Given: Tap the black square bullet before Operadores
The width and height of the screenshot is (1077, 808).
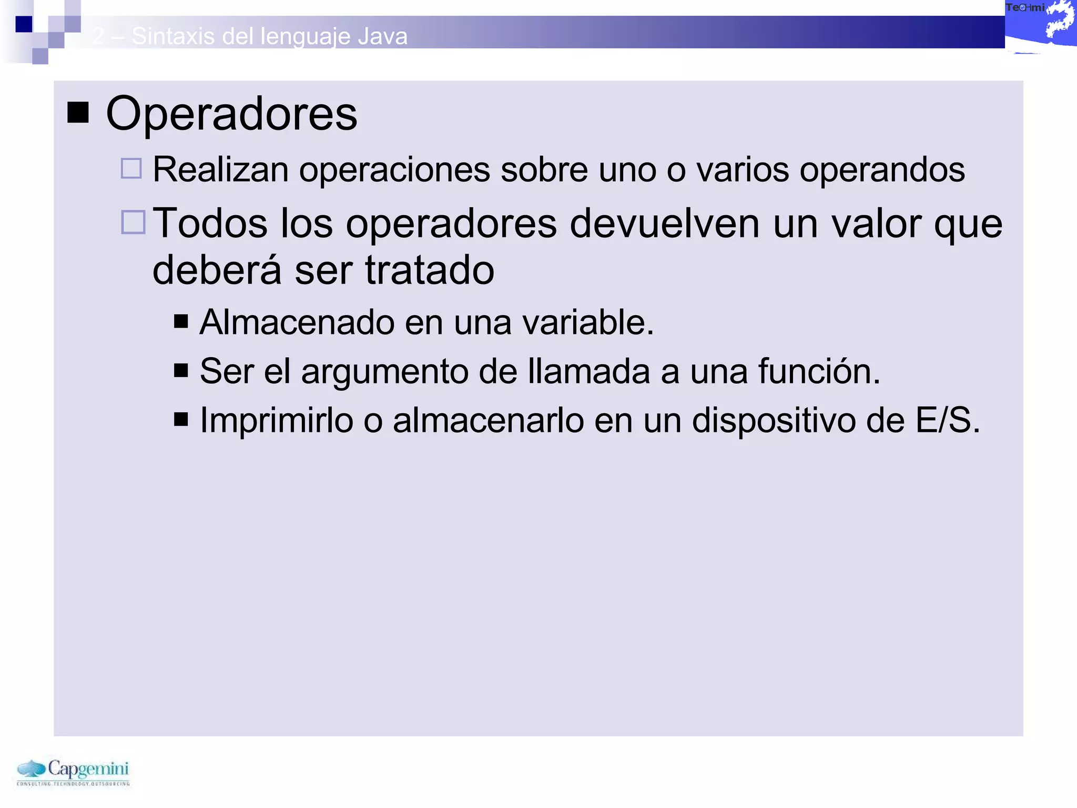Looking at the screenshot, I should pyautogui.click(x=78, y=113).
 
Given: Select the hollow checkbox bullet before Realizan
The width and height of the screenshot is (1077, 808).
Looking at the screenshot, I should pyautogui.click(x=131, y=169).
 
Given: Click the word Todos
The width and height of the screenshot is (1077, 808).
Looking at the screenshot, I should pyautogui.click(x=210, y=224).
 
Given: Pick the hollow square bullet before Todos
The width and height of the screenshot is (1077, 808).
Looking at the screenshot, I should pyautogui.click(x=133, y=222).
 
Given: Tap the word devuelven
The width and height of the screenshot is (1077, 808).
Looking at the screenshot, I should pyautogui.click(x=665, y=224).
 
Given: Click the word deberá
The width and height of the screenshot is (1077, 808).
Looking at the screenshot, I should pyautogui.click(x=217, y=270).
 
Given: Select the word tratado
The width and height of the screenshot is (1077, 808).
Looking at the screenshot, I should pyautogui.click(x=430, y=270).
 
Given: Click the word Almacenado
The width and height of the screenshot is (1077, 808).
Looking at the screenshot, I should pyautogui.click(x=297, y=322).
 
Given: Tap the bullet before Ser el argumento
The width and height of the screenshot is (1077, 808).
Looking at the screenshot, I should pyautogui.click(x=181, y=370).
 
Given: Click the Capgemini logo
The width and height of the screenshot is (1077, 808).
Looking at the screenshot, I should pyautogui.click(x=73, y=772).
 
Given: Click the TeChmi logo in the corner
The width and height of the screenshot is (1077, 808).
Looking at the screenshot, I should pyautogui.click(x=1040, y=26).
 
